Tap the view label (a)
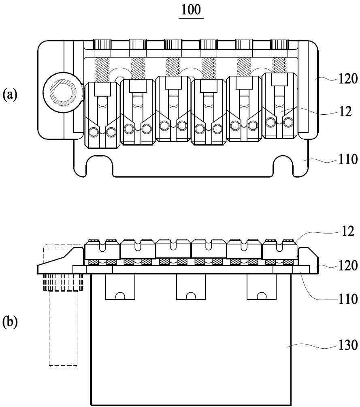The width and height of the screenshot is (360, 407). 10,94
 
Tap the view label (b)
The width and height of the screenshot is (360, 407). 10,322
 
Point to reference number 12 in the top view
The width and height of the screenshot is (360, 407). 345,111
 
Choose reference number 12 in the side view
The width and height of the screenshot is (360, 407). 347,231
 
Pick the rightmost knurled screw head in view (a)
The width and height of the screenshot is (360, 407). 279,44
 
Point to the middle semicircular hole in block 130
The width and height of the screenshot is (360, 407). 191,296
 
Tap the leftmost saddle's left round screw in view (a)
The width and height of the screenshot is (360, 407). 94,133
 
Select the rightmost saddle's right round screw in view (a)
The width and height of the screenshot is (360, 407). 288,122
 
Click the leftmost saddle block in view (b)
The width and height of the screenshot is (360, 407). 102,249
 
